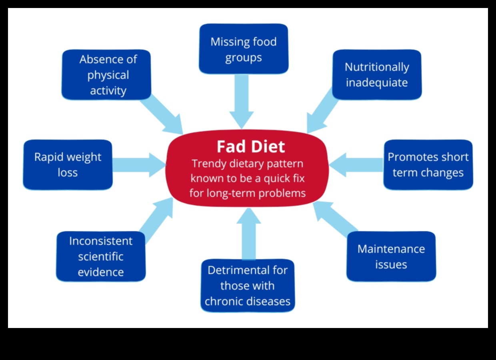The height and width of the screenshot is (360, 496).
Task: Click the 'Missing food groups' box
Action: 243,49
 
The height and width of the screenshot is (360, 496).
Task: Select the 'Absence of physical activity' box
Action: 106,74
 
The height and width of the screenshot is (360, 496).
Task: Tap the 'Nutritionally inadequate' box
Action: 377,74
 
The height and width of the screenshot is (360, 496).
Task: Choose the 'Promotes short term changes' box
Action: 428,164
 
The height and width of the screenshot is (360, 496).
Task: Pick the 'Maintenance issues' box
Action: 391,256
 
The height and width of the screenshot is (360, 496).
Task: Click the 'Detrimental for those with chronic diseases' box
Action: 248,285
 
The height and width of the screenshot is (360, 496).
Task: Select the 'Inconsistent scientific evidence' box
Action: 101,256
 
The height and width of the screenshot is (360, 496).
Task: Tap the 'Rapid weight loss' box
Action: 68,164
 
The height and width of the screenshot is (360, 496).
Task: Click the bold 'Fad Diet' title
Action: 251,146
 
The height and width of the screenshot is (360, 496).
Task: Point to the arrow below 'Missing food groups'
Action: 242,100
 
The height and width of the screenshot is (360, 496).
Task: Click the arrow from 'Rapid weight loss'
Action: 138,164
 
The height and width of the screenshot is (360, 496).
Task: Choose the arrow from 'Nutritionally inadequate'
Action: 322,112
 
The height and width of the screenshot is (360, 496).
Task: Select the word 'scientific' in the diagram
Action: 101,256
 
